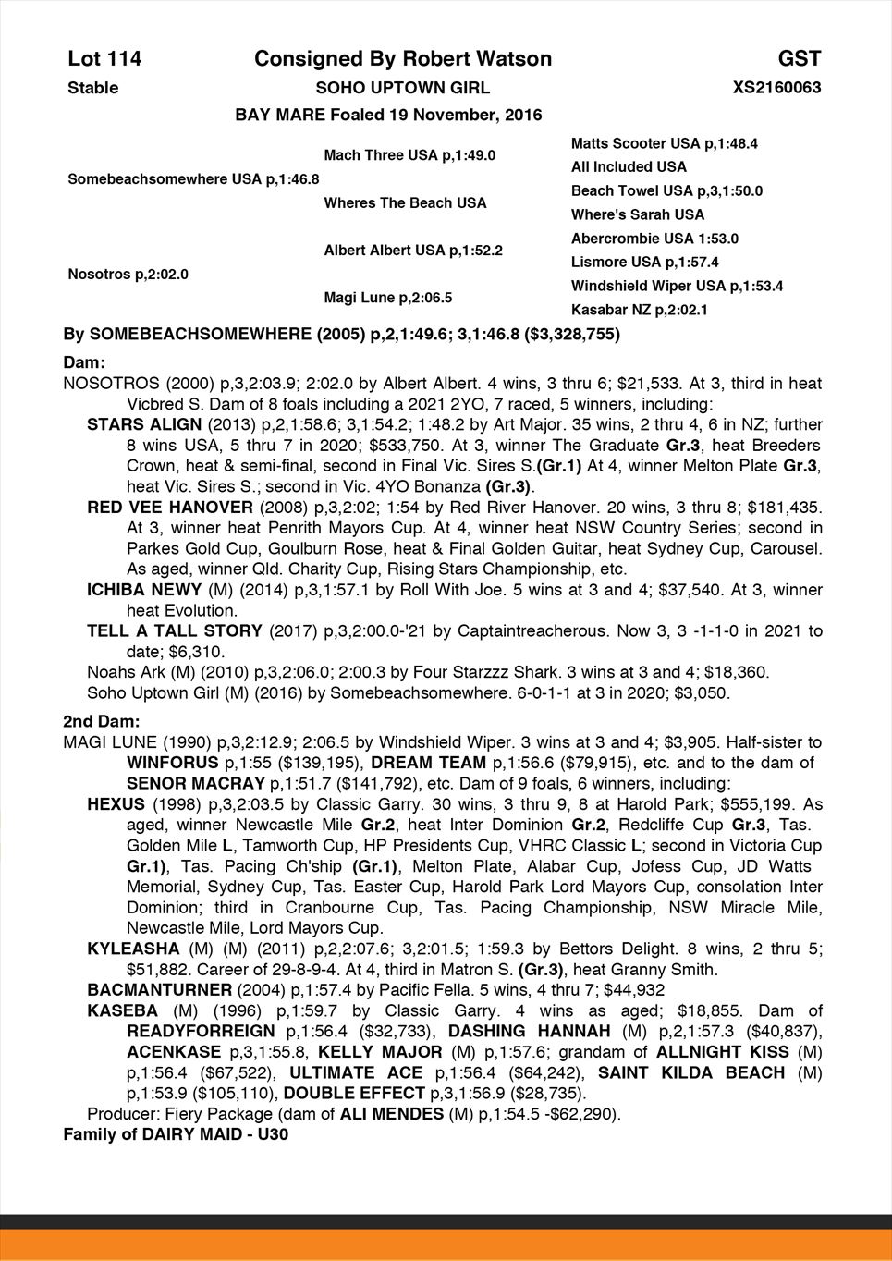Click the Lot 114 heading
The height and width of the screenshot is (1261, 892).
(104, 59)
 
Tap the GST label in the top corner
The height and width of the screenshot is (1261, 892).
(799, 59)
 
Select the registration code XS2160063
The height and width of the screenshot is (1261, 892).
(776, 88)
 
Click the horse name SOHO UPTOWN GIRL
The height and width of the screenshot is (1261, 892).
(403, 88)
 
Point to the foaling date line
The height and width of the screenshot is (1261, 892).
(388, 116)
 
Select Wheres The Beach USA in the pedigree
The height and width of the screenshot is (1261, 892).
(405, 202)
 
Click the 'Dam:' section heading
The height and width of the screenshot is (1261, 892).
(84, 363)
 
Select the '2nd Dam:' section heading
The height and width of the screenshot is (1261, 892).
(102, 721)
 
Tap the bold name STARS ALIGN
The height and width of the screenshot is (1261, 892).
(144, 424)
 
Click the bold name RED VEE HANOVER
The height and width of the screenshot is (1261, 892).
(170, 508)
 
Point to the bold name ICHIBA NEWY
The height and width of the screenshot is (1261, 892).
(144, 590)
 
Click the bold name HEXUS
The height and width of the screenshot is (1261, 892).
(116, 804)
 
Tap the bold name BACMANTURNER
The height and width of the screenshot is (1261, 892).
(156, 990)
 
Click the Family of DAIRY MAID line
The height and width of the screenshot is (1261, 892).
(176, 1134)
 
